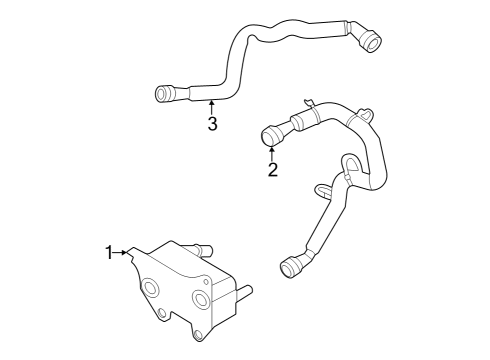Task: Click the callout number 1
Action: (x=110, y=252)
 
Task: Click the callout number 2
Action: (x=272, y=169)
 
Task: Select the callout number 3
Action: (x=212, y=123)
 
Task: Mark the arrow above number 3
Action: (x=212, y=104)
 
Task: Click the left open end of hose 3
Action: (x=162, y=96)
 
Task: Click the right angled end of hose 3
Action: (x=371, y=42)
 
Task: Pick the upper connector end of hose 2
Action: (x=269, y=135)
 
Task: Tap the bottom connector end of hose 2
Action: (x=291, y=267)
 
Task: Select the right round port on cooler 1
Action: (x=202, y=300)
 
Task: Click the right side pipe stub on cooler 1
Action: (x=247, y=292)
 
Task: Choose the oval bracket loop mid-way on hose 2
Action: (x=351, y=163)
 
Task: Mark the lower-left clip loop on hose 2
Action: (x=319, y=187)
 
